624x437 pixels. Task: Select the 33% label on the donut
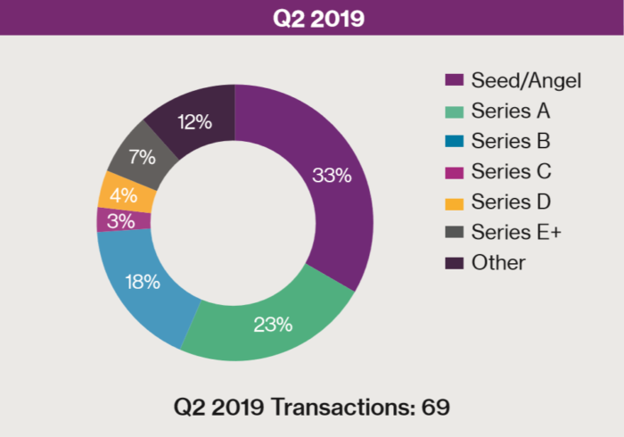332,175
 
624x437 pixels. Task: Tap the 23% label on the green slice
273,324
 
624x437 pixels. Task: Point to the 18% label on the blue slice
142,283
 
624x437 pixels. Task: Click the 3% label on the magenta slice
119,220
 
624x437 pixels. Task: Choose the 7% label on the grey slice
141,157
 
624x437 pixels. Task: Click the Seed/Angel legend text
526,81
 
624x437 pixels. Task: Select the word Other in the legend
498,262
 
